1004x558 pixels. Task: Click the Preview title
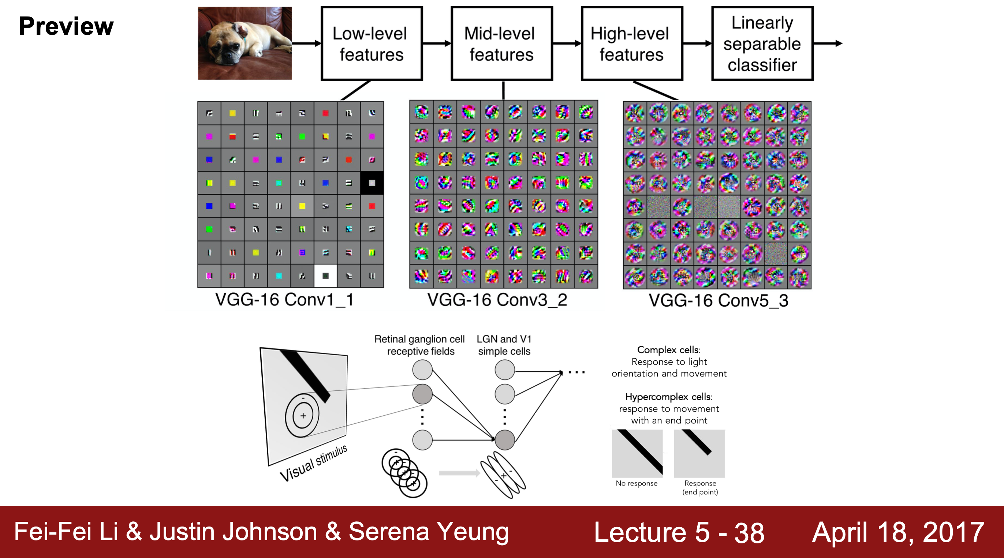click(66, 26)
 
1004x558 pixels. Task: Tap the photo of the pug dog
click(245, 43)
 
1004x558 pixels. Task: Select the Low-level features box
click(372, 44)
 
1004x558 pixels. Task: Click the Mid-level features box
click(501, 44)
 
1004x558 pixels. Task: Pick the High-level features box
click(631, 44)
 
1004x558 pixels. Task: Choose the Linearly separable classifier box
click(762, 44)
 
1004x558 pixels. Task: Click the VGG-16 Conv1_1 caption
click(284, 300)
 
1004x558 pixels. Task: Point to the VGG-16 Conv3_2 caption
click(497, 300)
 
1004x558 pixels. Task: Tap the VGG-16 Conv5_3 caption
click(718, 301)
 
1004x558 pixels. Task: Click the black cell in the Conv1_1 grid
click(372, 183)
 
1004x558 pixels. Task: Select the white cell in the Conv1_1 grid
click(325, 276)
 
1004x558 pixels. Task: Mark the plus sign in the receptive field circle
click(303, 416)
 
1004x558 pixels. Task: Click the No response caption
click(637, 483)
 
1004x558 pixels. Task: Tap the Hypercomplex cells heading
click(669, 397)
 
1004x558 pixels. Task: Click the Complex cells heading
click(669, 349)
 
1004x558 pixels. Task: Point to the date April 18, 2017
click(898, 532)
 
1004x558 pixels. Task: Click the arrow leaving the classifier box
click(828, 44)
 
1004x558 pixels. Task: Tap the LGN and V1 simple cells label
click(504, 345)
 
